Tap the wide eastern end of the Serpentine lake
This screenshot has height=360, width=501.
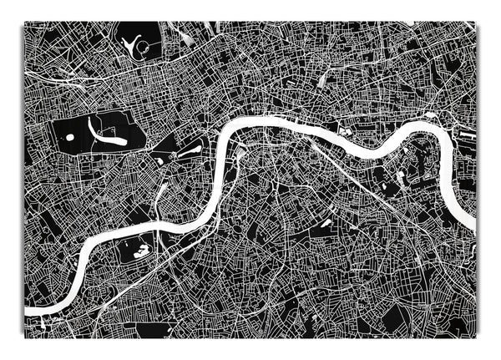pyautogui.click(x=120, y=141)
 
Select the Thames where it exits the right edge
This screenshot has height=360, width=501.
pyautogui.click(x=473, y=223)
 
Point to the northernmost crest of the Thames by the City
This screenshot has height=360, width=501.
pyautogui.click(x=276, y=121)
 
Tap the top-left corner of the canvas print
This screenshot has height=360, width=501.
pyautogui.click(x=23, y=23)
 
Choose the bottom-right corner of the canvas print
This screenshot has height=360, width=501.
pyautogui.click(x=476, y=338)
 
